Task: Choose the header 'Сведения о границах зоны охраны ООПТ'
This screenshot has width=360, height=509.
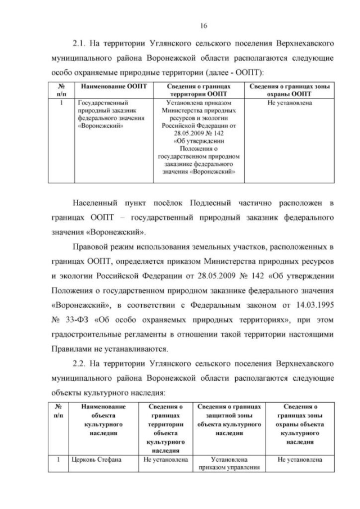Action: (x=290, y=90)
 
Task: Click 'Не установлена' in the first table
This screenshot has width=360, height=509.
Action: (x=290, y=103)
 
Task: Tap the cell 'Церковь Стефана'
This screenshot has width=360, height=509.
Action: (x=94, y=460)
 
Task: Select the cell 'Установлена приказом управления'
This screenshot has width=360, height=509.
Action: (x=229, y=463)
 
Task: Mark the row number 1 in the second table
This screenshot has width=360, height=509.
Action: (x=58, y=460)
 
